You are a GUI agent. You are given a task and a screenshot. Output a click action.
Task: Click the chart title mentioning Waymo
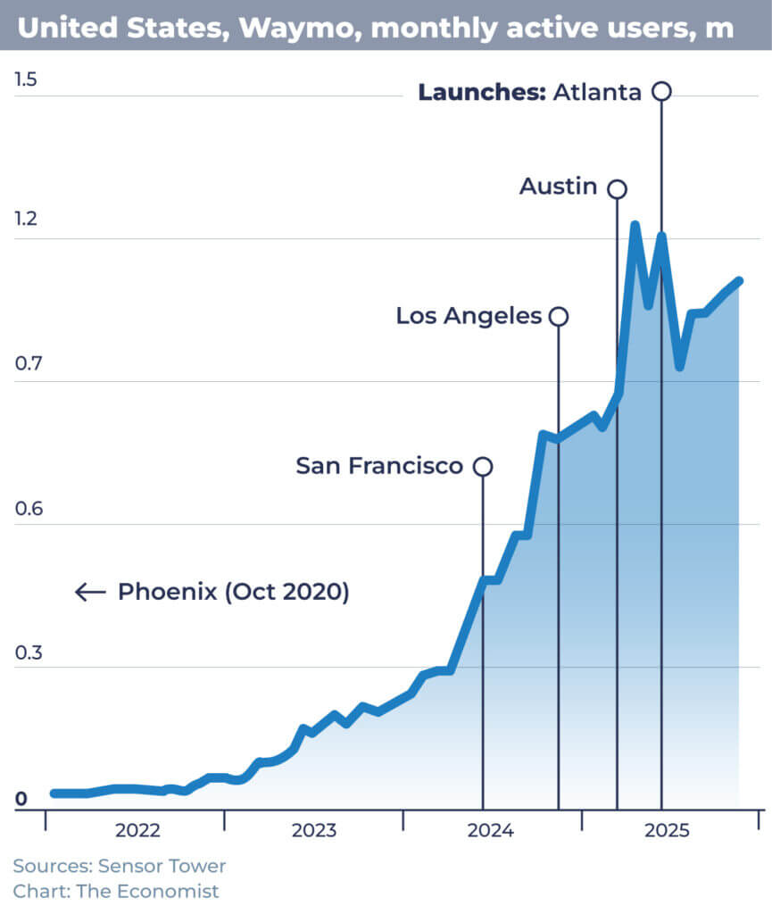pyautogui.click(x=376, y=27)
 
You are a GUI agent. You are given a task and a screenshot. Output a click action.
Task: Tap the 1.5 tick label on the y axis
pyautogui.click(x=26, y=79)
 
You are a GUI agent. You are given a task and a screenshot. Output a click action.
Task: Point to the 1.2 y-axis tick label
pyautogui.click(x=26, y=219)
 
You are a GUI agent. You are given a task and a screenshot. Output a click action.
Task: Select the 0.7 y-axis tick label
pyautogui.click(x=26, y=365)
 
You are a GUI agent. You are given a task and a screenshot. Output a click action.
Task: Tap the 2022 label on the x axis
pyautogui.click(x=137, y=831)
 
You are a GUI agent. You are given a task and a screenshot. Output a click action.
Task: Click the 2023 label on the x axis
pyautogui.click(x=313, y=831)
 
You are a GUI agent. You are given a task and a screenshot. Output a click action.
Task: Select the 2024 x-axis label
pyautogui.click(x=490, y=831)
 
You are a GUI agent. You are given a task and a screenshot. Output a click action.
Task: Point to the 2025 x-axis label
pyautogui.click(x=667, y=831)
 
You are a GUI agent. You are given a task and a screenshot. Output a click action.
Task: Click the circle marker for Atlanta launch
pyautogui.click(x=661, y=91)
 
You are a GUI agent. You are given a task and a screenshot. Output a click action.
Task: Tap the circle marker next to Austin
pyautogui.click(x=617, y=188)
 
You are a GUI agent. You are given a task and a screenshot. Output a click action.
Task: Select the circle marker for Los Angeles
pyautogui.click(x=559, y=316)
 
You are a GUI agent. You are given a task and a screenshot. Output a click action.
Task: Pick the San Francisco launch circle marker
pyautogui.click(x=483, y=466)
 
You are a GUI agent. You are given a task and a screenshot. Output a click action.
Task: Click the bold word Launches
pyautogui.click(x=482, y=92)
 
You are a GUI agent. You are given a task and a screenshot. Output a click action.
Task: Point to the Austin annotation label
pyautogui.click(x=559, y=187)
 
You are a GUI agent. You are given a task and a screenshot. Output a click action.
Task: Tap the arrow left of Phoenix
pyautogui.click(x=90, y=592)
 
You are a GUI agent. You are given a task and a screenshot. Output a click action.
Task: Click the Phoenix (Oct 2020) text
pyautogui.click(x=233, y=592)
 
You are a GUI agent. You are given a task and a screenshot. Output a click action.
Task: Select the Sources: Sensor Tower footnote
pyautogui.click(x=120, y=866)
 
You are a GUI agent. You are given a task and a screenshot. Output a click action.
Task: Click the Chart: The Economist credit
pyautogui.click(x=116, y=891)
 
